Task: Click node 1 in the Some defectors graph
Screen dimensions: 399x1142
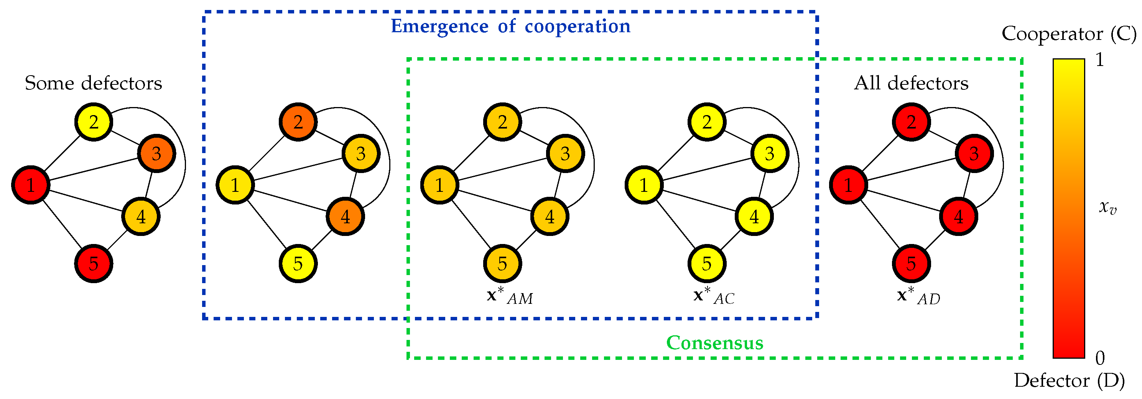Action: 30,185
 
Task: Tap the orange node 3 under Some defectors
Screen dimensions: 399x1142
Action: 156,153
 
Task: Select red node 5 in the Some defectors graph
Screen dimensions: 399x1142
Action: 93,263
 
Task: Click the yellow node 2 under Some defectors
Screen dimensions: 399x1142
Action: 93,122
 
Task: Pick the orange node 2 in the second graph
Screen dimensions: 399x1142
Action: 298,122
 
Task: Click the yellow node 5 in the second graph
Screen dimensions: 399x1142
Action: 298,263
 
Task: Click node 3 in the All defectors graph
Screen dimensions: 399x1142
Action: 974,153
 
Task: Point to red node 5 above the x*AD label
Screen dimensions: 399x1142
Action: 911,263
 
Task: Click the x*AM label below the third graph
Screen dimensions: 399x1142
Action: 510,296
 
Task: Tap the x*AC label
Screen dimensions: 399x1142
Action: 714,296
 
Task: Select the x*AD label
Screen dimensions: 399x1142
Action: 918,296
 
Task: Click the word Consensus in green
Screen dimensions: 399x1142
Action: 715,343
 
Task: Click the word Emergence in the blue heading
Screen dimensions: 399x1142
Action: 439,26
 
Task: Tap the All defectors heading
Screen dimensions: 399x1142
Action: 911,83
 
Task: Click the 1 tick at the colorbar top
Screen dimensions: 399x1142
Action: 1099,60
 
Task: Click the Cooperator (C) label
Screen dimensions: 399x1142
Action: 1069,34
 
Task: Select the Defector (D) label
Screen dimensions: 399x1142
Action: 1069,380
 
